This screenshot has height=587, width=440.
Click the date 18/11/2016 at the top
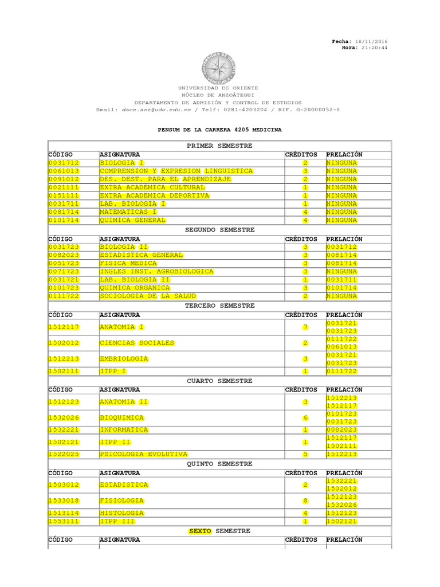[x=371, y=42]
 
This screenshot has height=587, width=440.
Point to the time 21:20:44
[x=374, y=48]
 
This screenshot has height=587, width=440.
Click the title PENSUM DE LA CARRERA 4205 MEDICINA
[x=219, y=130]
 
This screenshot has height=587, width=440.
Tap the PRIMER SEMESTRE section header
[x=219, y=146]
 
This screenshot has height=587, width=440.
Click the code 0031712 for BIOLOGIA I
[x=64, y=163]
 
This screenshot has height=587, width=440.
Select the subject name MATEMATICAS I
[x=124, y=212]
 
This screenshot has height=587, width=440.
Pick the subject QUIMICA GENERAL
[x=133, y=220]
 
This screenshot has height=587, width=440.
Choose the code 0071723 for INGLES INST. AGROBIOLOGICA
[x=64, y=271]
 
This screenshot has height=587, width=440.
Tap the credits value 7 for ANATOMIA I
[x=305, y=327]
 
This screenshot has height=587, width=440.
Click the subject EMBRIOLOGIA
[x=124, y=359]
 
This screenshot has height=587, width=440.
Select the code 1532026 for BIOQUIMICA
[x=64, y=417]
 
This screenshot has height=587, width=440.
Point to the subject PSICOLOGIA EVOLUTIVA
[x=143, y=454]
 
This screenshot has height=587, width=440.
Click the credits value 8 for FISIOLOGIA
[x=305, y=500]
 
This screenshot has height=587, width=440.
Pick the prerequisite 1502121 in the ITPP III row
[x=341, y=522]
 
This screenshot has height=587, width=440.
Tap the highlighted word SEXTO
[x=200, y=531]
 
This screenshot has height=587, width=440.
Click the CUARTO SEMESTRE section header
[x=219, y=381]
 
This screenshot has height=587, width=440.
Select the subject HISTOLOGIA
[x=122, y=513]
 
